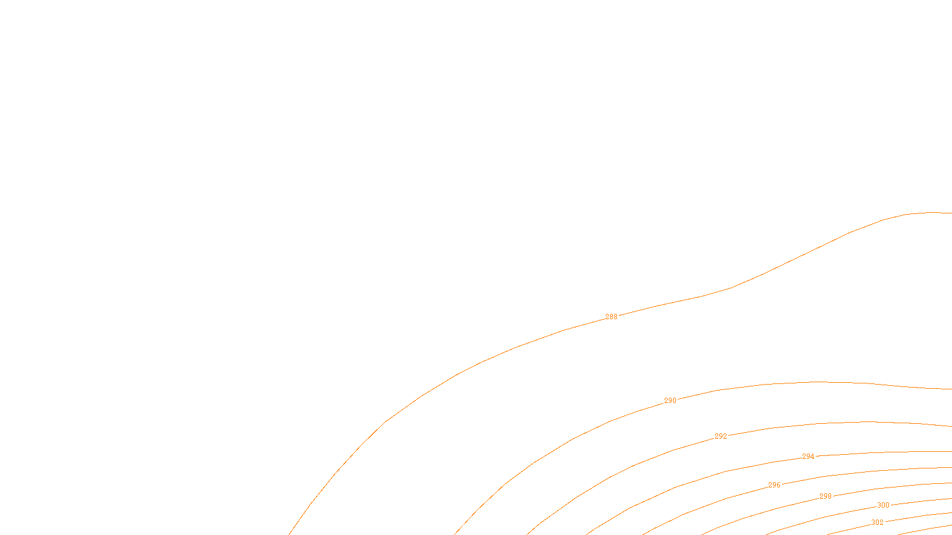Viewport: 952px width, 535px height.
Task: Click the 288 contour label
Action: point(611,317)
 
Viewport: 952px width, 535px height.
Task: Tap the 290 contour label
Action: point(670,401)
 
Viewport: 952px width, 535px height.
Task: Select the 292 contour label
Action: point(721,436)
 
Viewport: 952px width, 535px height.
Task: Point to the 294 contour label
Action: point(808,457)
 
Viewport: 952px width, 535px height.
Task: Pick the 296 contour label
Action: point(774,485)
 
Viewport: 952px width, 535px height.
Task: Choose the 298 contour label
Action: point(825,496)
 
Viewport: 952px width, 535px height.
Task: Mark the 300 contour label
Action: point(883,505)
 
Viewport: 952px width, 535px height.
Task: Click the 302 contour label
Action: point(877,523)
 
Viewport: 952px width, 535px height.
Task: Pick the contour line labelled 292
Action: point(863,422)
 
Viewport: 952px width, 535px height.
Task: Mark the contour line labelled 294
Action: point(892,452)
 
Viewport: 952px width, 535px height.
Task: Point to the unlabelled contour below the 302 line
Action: point(928,528)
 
